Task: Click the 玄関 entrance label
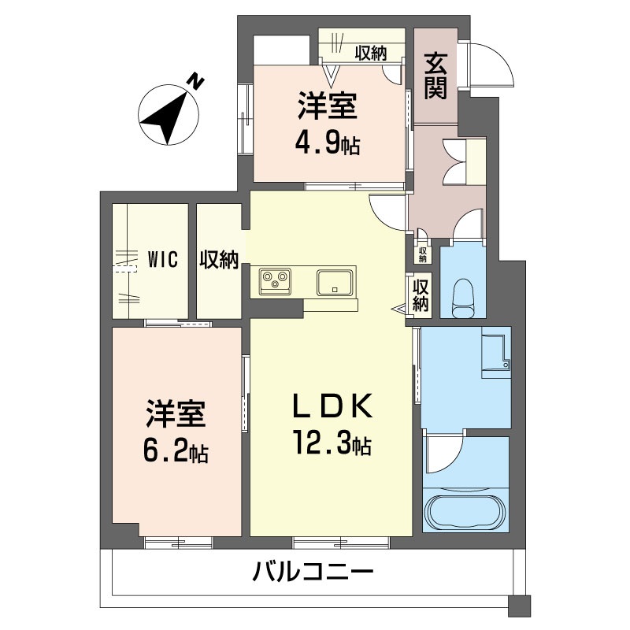coord(435,76)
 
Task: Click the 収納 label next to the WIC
coord(218,259)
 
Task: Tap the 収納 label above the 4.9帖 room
coord(370,54)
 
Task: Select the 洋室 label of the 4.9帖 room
coord(328,106)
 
